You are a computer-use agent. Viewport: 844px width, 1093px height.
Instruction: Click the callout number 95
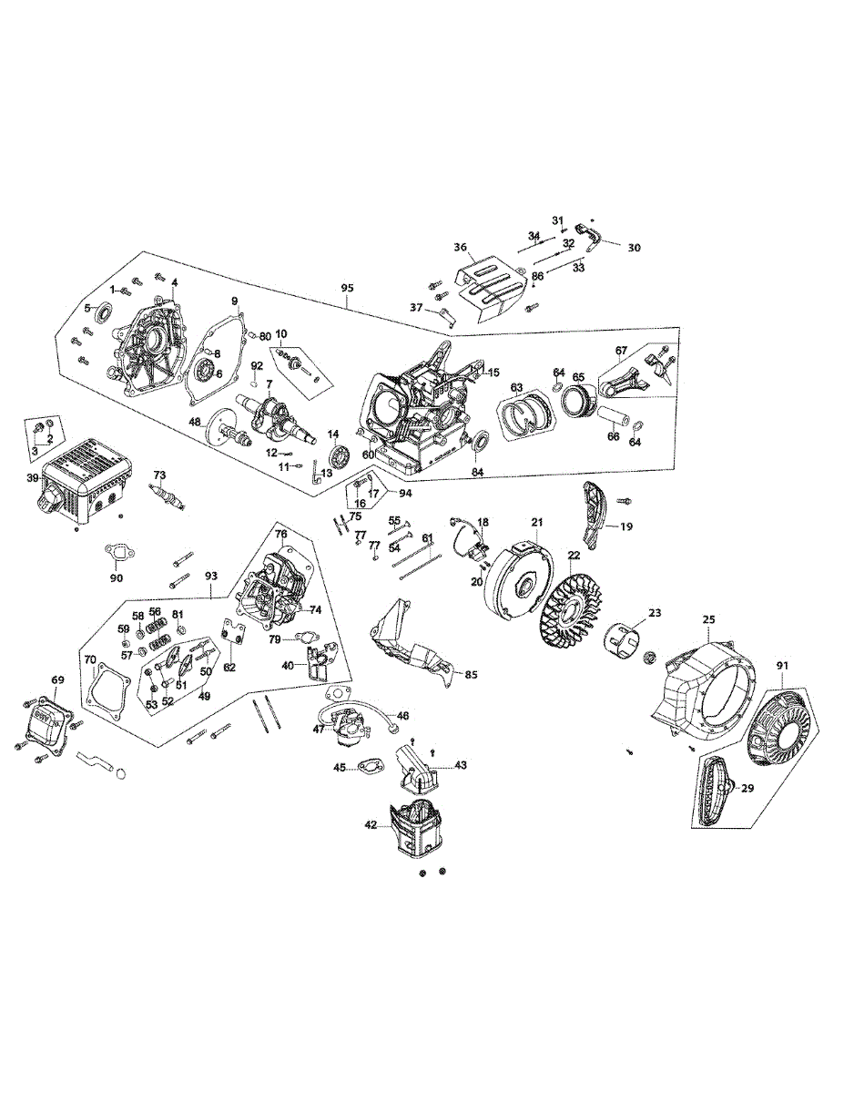tap(347, 289)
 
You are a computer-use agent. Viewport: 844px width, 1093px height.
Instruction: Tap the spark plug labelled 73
tap(168, 496)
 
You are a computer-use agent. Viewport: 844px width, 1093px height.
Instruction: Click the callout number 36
tap(461, 248)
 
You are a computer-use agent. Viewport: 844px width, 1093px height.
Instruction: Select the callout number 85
tap(471, 675)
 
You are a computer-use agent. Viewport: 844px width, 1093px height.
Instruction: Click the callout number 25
tap(709, 620)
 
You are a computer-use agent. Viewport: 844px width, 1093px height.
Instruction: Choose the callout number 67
tap(621, 350)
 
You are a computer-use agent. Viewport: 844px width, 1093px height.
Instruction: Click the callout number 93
tap(211, 576)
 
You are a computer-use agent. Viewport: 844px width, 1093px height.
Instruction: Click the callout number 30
tap(634, 247)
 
